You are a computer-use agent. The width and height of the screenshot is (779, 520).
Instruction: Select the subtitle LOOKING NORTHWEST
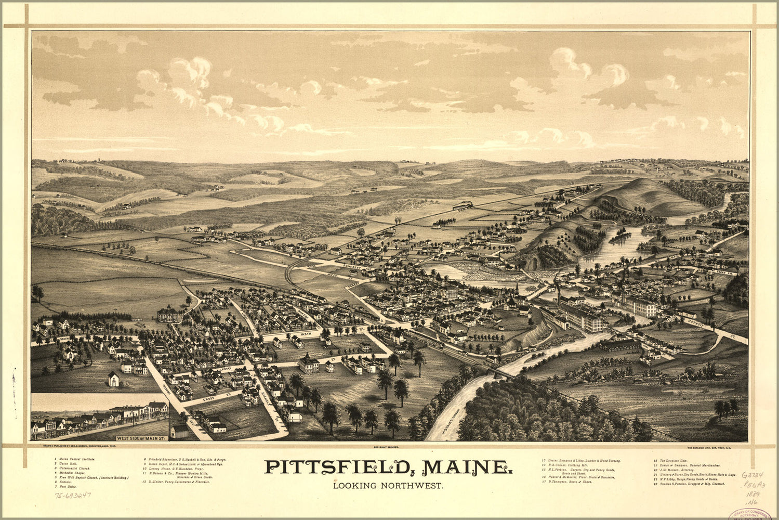click(388, 486)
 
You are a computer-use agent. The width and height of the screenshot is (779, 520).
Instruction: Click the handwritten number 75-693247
click(73, 495)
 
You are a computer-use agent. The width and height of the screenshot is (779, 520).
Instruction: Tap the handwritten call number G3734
click(752, 475)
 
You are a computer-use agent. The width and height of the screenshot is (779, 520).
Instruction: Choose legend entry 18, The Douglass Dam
click(676, 460)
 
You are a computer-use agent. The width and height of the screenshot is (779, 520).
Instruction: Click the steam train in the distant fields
click(462, 205)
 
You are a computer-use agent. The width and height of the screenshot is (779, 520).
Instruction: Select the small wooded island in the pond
click(622, 237)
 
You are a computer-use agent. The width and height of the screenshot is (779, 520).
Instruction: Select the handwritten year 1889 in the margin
click(753, 493)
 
